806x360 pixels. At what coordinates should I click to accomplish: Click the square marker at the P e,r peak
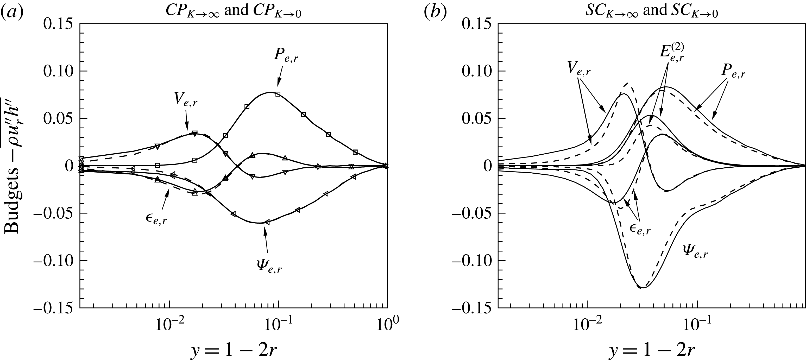[x=278, y=94]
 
